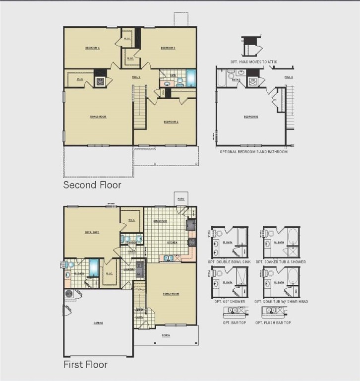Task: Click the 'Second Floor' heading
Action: (x=92, y=185)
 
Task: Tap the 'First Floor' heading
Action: (x=85, y=365)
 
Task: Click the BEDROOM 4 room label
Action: (x=92, y=48)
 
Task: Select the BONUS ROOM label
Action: (x=98, y=117)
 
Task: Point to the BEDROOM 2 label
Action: (x=171, y=122)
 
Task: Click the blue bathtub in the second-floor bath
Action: (x=191, y=78)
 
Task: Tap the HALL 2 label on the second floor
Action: (x=136, y=77)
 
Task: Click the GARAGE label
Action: (x=98, y=322)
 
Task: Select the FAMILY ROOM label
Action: (x=171, y=294)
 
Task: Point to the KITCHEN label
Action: (x=172, y=243)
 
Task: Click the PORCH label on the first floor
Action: (x=166, y=335)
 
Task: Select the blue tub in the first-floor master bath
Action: (x=93, y=268)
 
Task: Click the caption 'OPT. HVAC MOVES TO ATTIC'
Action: (x=254, y=62)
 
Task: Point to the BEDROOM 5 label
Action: (x=250, y=117)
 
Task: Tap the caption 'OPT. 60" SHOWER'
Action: (x=230, y=302)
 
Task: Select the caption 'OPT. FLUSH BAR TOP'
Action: (x=273, y=322)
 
